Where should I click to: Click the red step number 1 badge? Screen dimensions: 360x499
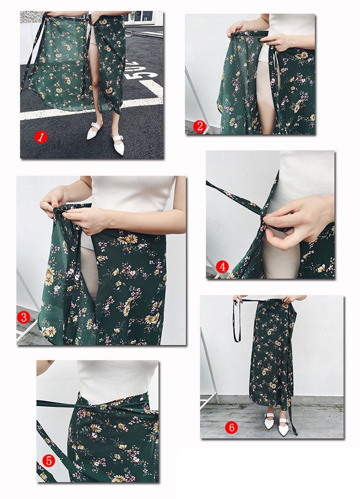(41, 137)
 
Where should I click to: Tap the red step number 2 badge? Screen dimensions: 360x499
(199, 126)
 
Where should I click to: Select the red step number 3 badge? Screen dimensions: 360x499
(24, 317)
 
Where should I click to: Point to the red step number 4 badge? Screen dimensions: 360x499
(222, 266)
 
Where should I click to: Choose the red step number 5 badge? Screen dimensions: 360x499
(49, 460)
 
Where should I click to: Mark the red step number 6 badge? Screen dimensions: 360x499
(231, 427)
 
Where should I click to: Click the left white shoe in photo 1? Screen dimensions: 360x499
(95, 130)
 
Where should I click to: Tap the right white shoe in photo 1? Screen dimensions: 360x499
(118, 144)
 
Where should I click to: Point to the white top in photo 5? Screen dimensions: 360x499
(118, 380)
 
